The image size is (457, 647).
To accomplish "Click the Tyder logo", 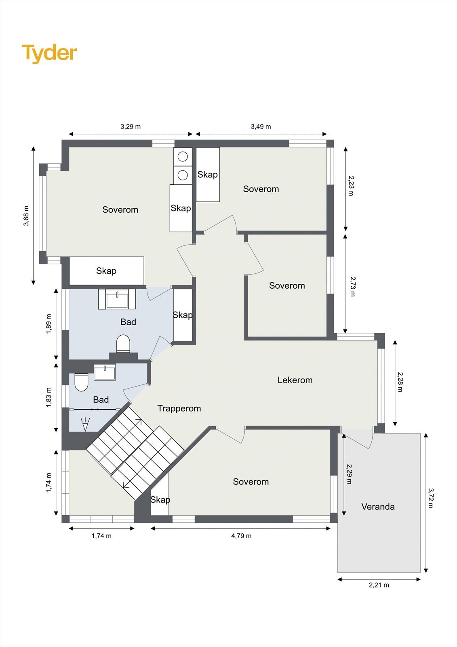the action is tap(49, 54).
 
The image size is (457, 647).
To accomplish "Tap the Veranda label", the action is tap(378, 506).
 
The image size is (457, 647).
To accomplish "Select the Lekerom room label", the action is tap(295, 380).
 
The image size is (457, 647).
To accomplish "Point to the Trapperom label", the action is tap(179, 408).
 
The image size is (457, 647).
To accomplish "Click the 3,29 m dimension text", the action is tap(131, 127).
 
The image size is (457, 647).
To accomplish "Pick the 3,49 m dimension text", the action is tap(261, 127).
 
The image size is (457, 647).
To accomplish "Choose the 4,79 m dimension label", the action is tap(241, 536).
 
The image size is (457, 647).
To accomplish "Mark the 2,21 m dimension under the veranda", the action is tap(379, 585).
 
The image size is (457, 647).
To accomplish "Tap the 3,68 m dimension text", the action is tap(26, 216).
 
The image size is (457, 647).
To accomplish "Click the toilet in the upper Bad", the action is tap(123, 344).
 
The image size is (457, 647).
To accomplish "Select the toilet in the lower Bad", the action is tap(81, 382).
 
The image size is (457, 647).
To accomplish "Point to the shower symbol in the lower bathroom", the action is tap(85, 424).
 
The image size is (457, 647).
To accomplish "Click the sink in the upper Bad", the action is tap(117, 299).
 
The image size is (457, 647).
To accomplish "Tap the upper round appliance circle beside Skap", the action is tap(183, 156).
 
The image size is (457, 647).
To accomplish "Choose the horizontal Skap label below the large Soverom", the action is tap(106, 271).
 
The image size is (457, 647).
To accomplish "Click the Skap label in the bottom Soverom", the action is tap(160, 499).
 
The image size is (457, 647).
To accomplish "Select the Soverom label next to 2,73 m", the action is tap(287, 285).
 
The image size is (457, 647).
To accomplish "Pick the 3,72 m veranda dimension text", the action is tap(431, 498).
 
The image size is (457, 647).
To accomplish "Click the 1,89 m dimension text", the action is tap(48, 323).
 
